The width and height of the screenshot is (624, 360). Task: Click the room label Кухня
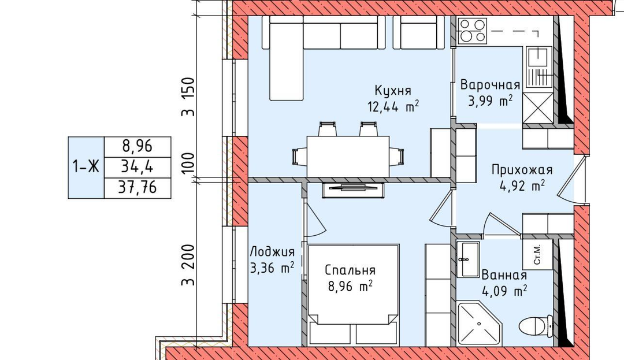point(393,91)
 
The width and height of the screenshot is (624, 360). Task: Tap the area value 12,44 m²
point(393,106)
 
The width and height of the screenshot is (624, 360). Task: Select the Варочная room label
point(491,85)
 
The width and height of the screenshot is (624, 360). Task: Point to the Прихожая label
point(522,170)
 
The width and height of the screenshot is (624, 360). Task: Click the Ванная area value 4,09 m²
point(504,291)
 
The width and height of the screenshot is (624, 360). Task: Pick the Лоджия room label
point(272,252)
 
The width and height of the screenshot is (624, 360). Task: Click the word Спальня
point(350,270)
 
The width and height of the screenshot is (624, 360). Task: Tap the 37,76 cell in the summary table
point(138,188)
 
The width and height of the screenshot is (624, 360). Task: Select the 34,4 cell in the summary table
point(138,168)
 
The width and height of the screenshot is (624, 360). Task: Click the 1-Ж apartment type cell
point(86,168)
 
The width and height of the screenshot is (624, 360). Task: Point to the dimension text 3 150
point(188,97)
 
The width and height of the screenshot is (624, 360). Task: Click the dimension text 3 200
point(188,265)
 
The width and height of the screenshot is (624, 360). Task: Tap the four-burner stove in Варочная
point(473,31)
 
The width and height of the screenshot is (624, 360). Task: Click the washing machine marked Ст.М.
point(537,255)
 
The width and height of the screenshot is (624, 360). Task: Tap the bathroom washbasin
point(468,259)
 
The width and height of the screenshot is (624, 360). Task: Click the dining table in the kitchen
point(348,157)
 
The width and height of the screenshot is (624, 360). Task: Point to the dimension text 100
point(188,162)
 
